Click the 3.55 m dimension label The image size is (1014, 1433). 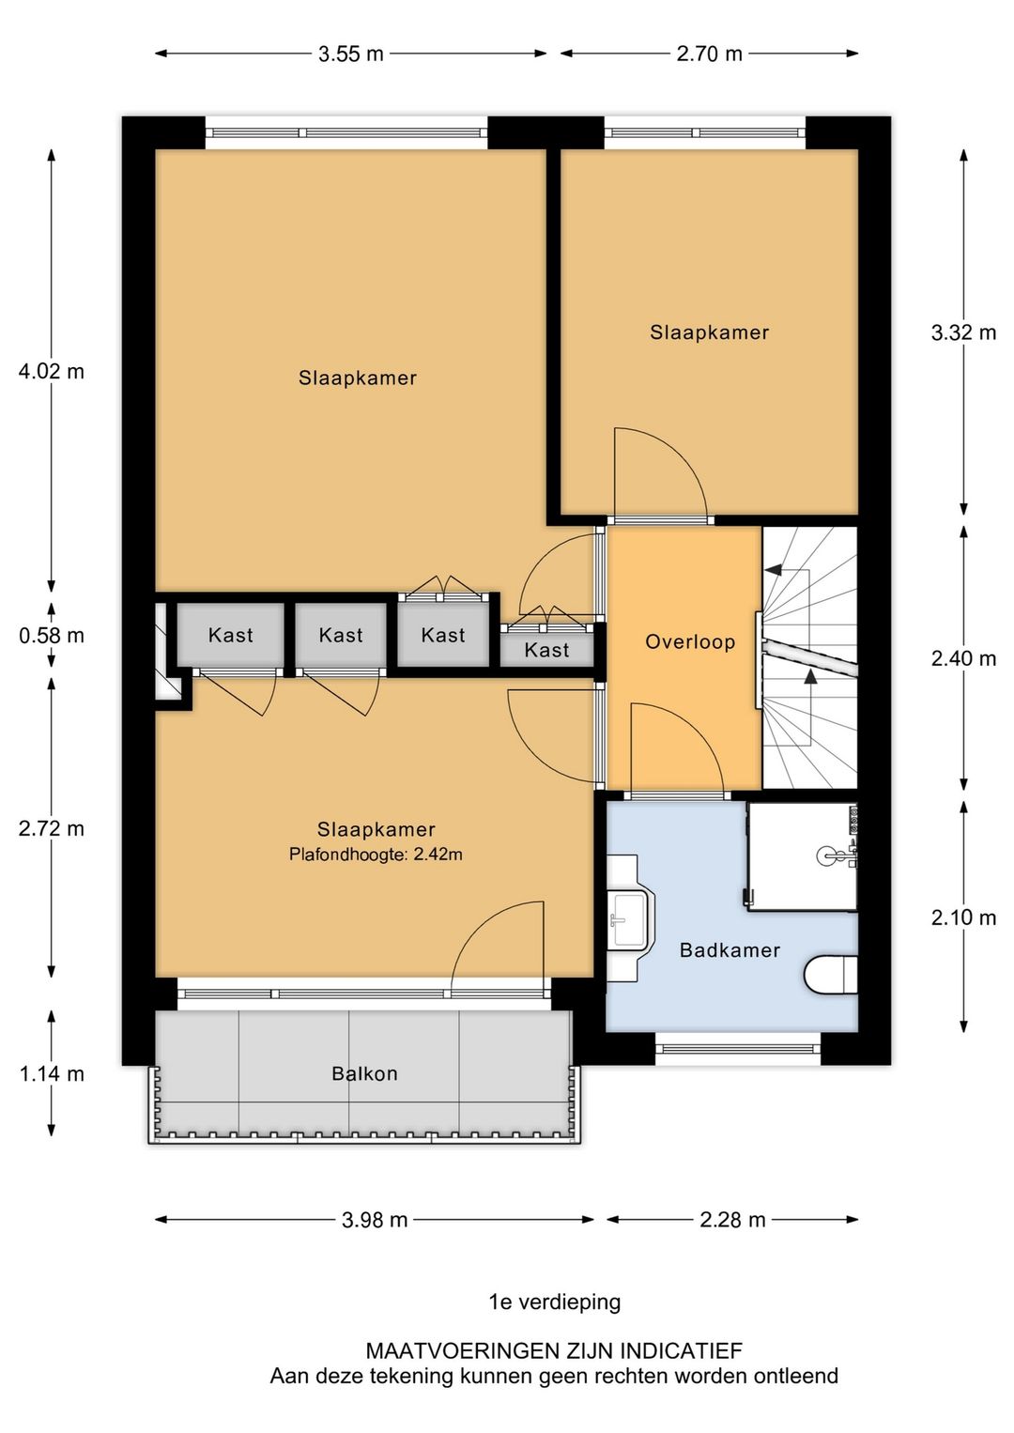[x=350, y=54]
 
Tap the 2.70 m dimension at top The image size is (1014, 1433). [x=709, y=54]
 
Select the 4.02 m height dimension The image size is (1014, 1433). [x=52, y=371]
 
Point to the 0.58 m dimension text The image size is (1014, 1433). [x=52, y=635]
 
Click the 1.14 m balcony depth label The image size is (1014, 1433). [x=52, y=1073]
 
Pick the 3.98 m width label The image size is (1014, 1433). [x=375, y=1220]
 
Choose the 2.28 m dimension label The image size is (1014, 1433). [x=732, y=1220]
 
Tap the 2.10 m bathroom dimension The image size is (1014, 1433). [x=963, y=918]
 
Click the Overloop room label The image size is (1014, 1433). [x=690, y=641]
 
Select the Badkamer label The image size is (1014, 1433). [x=730, y=950]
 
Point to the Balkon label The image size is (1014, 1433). [x=364, y=1072]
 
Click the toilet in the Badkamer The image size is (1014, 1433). [x=830, y=975]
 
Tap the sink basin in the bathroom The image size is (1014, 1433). [x=630, y=918]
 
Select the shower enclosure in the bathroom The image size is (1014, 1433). [x=802, y=856]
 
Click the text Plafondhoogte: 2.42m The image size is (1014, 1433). [x=376, y=854]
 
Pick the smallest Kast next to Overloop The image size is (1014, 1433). [x=546, y=650]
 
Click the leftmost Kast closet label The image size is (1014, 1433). [x=230, y=635]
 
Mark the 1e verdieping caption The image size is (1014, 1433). [x=555, y=1302]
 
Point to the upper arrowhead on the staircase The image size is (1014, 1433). [x=774, y=569]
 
